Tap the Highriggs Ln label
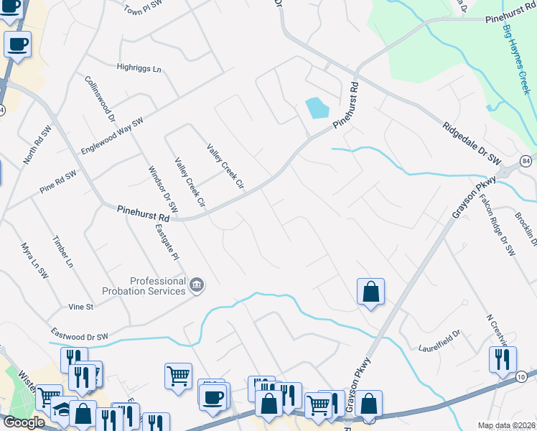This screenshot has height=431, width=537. pos(139,68)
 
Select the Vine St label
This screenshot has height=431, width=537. pos(81,307)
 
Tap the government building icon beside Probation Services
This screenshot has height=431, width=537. pos(196,287)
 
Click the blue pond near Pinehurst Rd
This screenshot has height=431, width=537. pos(317,108)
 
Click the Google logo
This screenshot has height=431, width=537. pos(24,422)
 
